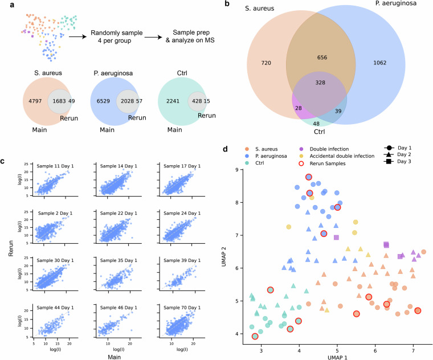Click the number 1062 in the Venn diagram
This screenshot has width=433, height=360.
[x=375, y=62]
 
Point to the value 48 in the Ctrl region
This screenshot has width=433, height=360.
[x=316, y=123]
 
